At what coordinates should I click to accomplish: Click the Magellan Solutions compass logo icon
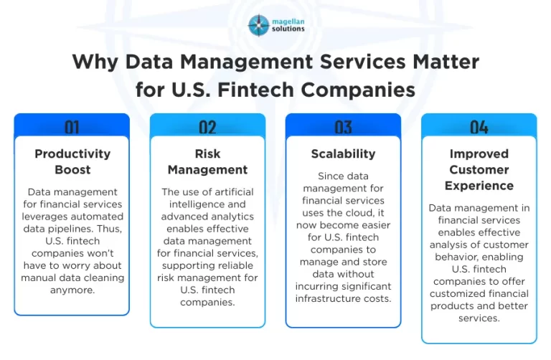pos(259,26)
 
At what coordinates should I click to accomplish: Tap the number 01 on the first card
pos(72,128)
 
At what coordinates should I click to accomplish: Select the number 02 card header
pos(207,128)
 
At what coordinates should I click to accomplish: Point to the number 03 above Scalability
pos(343,128)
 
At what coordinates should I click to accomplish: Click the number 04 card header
pos(479,128)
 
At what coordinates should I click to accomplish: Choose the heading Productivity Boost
pos(72,161)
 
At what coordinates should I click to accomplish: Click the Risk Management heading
pos(207,161)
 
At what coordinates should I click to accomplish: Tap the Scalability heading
pos(343,153)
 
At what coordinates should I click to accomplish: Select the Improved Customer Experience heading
pos(479,169)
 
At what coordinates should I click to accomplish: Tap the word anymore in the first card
pos(72,290)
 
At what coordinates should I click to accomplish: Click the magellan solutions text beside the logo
pos(288,25)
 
